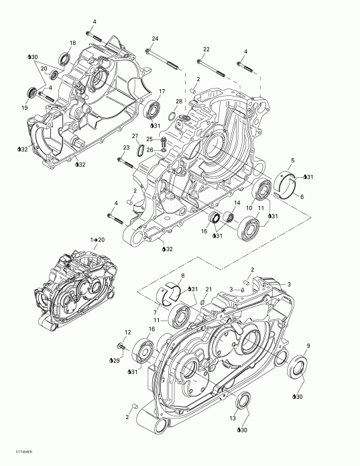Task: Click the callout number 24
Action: [x=155, y=38]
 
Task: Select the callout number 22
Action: [x=206, y=49]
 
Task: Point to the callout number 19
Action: [x=25, y=107]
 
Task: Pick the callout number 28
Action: [x=178, y=101]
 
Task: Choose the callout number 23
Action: [x=125, y=148]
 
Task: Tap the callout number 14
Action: [x=236, y=202]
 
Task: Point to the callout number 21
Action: [x=208, y=289]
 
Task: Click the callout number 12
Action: [x=127, y=333]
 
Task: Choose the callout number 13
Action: [x=233, y=418]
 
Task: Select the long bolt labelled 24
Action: [x=165, y=57]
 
